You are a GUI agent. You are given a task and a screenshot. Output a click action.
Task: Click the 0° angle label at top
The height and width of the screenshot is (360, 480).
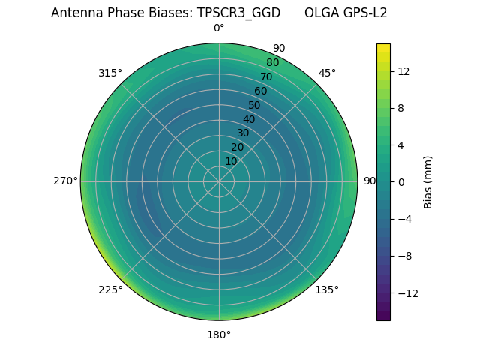[x=219, y=28]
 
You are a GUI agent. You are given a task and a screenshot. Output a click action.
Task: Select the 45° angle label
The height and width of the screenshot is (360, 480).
[x=327, y=73]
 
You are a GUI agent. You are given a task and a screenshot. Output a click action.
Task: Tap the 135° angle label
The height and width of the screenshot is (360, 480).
[x=327, y=289]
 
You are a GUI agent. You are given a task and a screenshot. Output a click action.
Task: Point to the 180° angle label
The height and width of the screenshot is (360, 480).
[x=219, y=334]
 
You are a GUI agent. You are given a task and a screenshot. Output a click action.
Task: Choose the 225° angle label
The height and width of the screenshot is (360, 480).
[x=110, y=289]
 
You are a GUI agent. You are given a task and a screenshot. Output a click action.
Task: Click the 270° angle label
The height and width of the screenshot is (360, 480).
[x=65, y=181]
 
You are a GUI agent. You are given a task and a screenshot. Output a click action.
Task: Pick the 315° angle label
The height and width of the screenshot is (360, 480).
[x=110, y=73]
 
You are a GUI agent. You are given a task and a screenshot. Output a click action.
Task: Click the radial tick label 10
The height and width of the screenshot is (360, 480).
[x=231, y=161]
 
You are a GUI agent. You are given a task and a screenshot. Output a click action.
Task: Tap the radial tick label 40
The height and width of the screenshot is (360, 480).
[x=249, y=119]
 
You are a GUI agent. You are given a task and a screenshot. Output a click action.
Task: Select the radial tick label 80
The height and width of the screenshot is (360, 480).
[x=272, y=63]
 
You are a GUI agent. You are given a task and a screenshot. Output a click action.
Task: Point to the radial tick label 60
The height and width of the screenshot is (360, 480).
[x=260, y=91]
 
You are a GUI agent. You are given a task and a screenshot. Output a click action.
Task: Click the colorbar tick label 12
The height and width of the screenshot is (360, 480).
[x=403, y=71]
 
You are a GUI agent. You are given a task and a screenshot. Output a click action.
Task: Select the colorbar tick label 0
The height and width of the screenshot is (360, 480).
[x=400, y=181]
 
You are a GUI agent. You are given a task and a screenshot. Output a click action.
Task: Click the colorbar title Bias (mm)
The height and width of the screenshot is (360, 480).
[x=428, y=181]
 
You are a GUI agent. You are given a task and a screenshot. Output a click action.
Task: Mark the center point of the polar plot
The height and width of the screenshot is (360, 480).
[x=219, y=181]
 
